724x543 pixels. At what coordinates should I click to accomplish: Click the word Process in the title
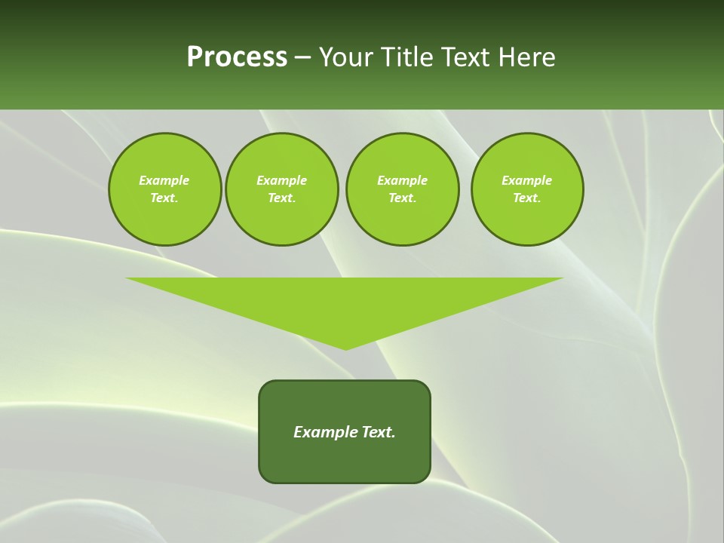coord(237,57)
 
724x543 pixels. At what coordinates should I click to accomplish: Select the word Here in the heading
coord(526,57)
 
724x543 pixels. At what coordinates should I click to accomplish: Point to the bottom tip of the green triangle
coord(345,348)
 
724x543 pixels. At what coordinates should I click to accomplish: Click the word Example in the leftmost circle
coord(164,180)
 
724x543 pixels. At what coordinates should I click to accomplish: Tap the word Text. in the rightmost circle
coord(526,198)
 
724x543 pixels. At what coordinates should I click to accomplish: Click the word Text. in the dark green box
coord(379,432)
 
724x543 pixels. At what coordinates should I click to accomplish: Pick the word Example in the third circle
coord(402,180)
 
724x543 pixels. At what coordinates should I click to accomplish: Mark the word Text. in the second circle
coord(281,198)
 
